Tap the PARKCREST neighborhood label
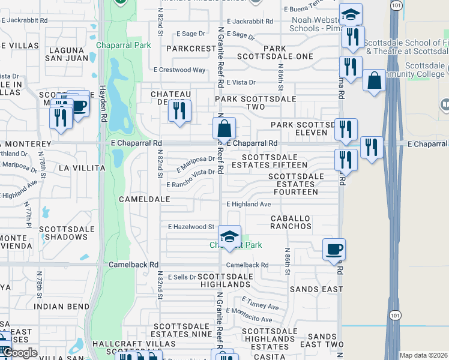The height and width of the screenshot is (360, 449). click(191, 48)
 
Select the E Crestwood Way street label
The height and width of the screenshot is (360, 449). click(179, 70)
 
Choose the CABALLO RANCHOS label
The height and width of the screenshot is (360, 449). click(291, 222)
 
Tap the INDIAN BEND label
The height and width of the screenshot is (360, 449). click(56, 306)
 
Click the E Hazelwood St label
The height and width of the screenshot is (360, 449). click(191, 227)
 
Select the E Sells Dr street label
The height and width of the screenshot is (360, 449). click(182, 277)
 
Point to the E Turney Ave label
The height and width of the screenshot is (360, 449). click(260, 303)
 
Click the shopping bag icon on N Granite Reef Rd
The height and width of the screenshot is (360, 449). click(224, 128)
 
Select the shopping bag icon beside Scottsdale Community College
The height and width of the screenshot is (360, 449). click(374, 81)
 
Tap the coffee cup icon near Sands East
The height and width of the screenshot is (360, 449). click(334, 248)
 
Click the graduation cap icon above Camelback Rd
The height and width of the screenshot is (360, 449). click(229, 236)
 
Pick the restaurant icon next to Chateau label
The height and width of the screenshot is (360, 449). click(179, 111)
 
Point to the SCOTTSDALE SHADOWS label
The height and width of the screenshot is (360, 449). click(63, 233)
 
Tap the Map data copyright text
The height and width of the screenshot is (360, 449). click(423, 356)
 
